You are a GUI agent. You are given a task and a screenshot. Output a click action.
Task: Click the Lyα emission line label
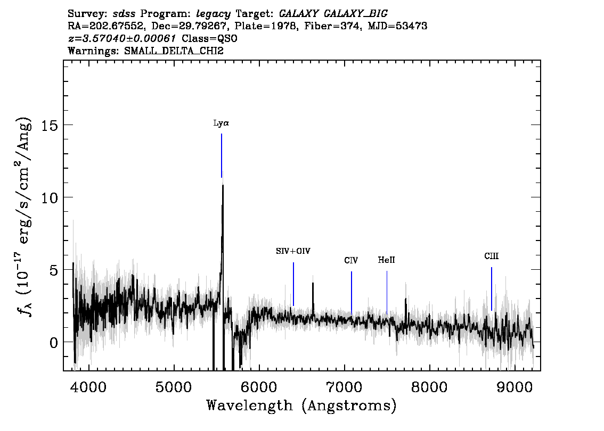pyautogui.click(x=221, y=123)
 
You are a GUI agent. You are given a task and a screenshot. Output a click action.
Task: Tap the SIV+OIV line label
pyautogui.click(x=293, y=251)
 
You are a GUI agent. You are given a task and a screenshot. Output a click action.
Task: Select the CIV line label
pyautogui.click(x=351, y=261)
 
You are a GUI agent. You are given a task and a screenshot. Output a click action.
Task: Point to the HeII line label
pyautogui.click(x=386, y=260)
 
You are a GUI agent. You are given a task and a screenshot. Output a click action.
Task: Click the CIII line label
pyautogui.click(x=492, y=256)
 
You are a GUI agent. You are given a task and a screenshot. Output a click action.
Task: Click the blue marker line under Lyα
pyautogui.click(x=222, y=155)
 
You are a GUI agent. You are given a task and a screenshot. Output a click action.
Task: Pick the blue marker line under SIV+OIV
pyautogui.click(x=293, y=284)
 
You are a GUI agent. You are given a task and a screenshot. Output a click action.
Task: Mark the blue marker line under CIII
pyautogui.click(x=492, y=288)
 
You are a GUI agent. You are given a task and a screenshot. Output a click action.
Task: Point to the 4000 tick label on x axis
pyautogui.click(x=88, y=387)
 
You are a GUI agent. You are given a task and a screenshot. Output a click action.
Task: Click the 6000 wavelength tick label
pyautogui.click(x=259, y=387)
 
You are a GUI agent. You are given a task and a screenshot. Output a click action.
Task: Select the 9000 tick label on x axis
pyautogui.click(x=514, y=387)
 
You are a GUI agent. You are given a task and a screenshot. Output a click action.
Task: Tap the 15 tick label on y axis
pyautogui.click(x=50, y=125)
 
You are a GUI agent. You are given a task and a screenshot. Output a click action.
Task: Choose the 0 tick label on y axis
pyautogui.click(x=54, y=342)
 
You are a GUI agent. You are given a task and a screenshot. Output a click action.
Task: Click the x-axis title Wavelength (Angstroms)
pyautogui.click(x=301, y=405)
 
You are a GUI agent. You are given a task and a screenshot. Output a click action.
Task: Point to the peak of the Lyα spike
pyautogui.click(x=223, y=185)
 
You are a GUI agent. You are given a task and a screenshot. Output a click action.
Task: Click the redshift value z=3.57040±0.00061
pyautogui.click(x=122, y=38)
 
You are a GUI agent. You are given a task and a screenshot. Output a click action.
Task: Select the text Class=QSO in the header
pyautogui.click(x=209, y=38)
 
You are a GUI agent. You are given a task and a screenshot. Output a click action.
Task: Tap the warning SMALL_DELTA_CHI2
pyautogui.click(x=174, y=51)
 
